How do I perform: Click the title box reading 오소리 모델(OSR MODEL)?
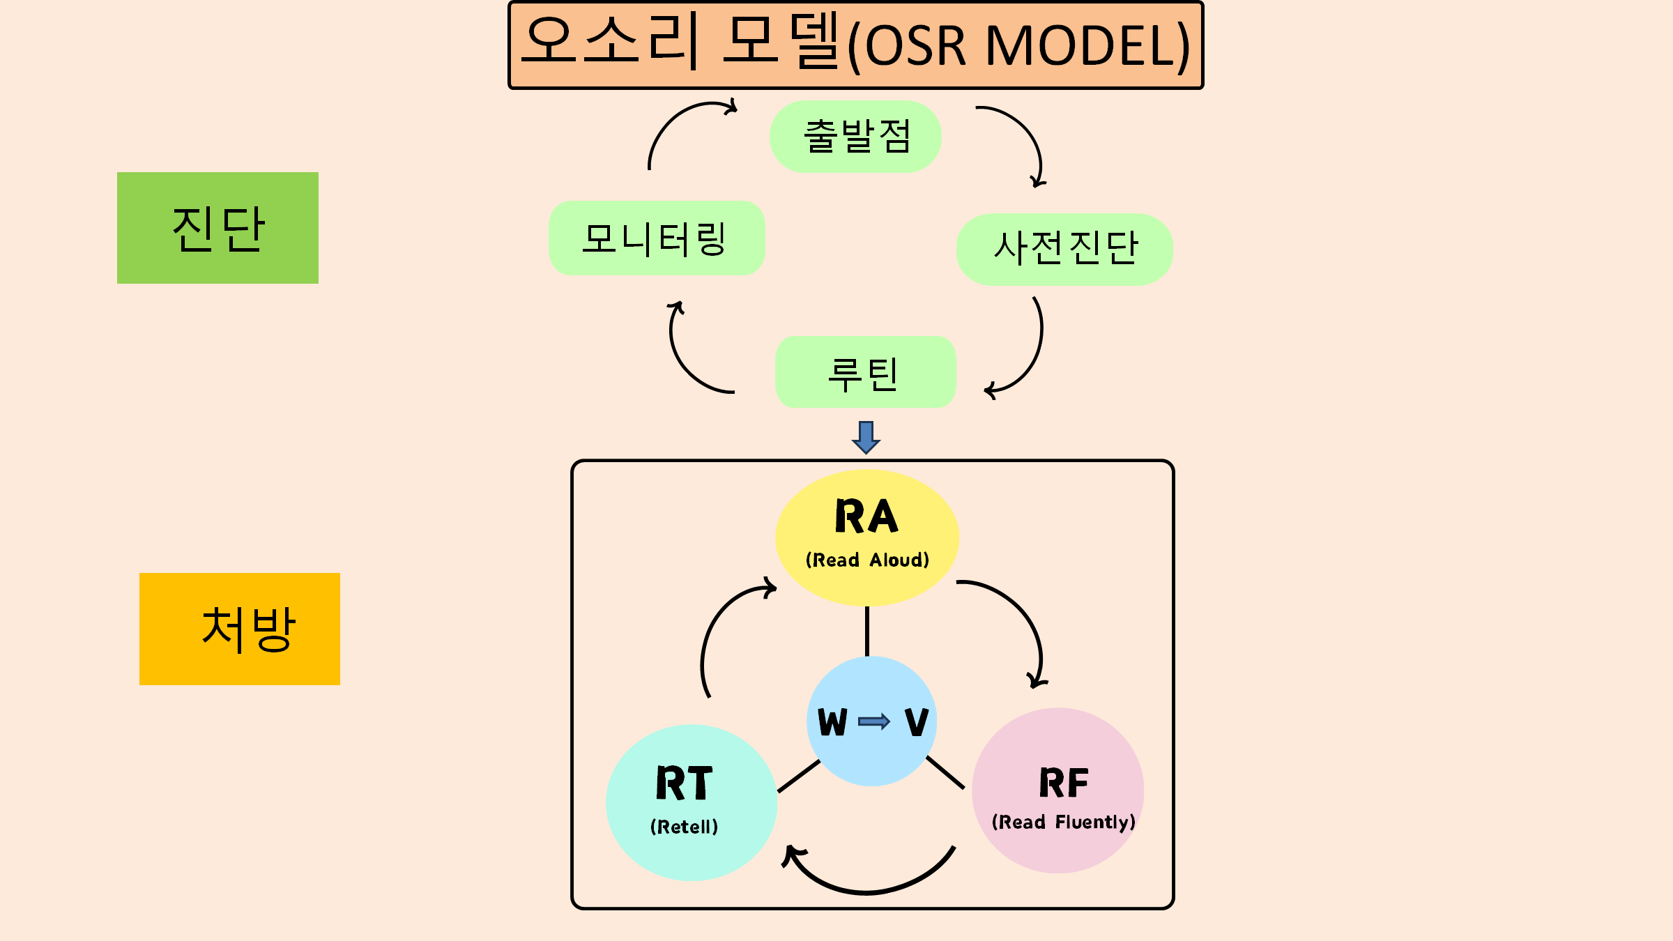[x=856, y=45]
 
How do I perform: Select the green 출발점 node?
[x=855, y=137]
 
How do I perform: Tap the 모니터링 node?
[x=657, y=238]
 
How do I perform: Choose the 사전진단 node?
[x=1064, y=249]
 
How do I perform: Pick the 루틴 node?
[x=865, y=372]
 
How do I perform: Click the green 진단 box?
[x=217, y=228]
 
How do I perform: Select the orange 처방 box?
[x=240, y=629]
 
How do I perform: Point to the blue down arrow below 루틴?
[x=866, y=437]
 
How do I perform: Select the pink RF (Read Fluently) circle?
[x=1058, y=790]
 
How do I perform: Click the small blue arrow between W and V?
[x=874, y=721]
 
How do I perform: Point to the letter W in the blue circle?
[x=832, y=721]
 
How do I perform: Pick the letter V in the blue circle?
[x=917, y=721]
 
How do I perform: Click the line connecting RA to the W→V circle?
[x=867, y=631]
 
